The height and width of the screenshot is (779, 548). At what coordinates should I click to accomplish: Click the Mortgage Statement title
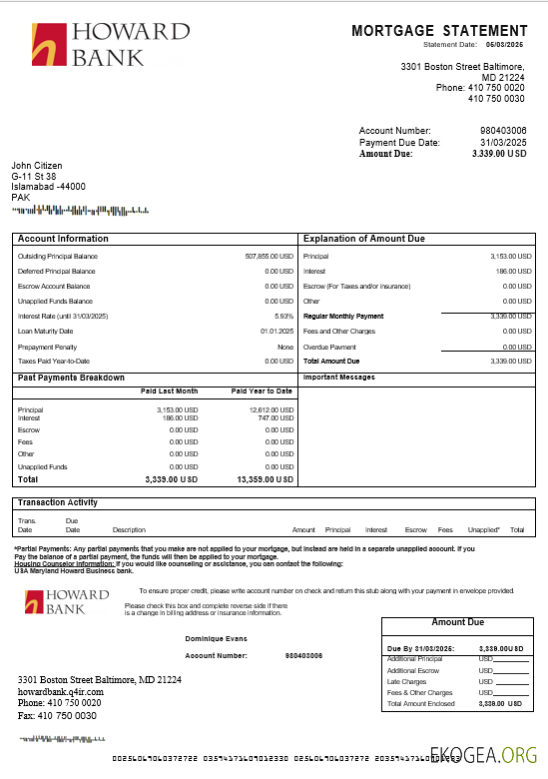pyautogui.click(x=439, y=32)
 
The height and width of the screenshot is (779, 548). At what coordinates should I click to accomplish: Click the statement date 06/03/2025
pyautogui.click(x=505, y=45)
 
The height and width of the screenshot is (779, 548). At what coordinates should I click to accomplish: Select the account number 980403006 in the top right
pyautogui.click(x=503, y=131)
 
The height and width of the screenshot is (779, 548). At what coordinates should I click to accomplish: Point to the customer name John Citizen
pyautogui.click(x=37, y=165)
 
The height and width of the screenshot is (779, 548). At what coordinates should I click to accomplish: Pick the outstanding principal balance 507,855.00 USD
pyautogui.click(x=269, y=257)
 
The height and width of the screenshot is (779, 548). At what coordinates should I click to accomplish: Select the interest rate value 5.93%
pyautogui.click(x=283, y=316)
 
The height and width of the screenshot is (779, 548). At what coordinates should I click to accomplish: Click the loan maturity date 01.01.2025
pyautogui.click(x=276, y=331)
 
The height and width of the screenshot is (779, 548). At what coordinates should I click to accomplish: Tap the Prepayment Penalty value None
pyautogui.click(x=285, y=347)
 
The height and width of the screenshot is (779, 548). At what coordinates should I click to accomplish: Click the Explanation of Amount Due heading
pyautogui.click(x=364, y=239)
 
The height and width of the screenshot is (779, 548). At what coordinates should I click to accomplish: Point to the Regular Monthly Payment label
pyautogui.click(x=343, y=316)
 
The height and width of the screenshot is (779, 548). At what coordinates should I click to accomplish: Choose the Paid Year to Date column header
pyautogui.click(x=262, y=391)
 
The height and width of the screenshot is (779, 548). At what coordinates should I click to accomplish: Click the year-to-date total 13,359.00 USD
pyautogui.click(x=265, y=479)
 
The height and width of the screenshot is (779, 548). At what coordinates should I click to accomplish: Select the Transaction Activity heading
pyautogui.click(x=58, y=502)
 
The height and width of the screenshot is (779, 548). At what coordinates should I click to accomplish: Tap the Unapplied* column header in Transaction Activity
pyautogui.click(x=483, y=529)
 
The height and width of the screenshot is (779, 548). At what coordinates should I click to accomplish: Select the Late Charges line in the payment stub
pyautogui.click(x=405, y=682)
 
